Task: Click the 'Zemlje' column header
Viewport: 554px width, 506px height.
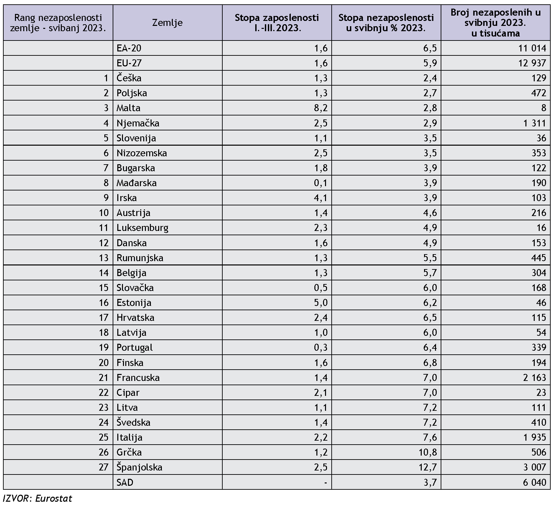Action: pyautogui.click(x=167, y=23)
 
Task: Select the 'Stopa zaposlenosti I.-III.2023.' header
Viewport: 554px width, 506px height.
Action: pyautogui.click(x=277, y=23)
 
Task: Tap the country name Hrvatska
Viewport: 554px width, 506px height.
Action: pyautogui.click(x=135, y=318)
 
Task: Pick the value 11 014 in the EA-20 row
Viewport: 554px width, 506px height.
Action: pyautogui.click(x=532, y=48)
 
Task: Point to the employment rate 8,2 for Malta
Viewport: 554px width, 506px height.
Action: pyautogui.click(x=321, y=108)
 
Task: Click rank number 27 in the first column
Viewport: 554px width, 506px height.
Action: pyautogui.click(x=104, y=467)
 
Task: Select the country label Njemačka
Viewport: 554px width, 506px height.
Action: pyautogui.click(x=138, y=123)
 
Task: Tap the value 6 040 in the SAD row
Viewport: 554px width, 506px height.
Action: pyautogui.click(x=535, y=482)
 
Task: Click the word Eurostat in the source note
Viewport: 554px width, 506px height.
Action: pyautogui.click(x=54, y=498)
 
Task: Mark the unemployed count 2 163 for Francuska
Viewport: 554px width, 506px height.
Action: pyautogui.click(x=535, y=378)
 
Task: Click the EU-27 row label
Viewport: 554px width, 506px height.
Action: pyautogui.click(x=129, y=63)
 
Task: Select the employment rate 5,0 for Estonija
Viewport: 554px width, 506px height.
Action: pyautogui.click(x=321, y=303)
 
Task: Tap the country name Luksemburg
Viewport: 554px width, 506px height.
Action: pyautogui.click(x=143, y=228)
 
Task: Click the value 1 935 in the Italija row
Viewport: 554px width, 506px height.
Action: pyautogui.click(x=535, y=437)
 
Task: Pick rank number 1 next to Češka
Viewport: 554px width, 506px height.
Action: pyautogui.click(x=106, y=78)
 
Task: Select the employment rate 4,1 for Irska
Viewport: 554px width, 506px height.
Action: pyautogui.click(x=321, y=198)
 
